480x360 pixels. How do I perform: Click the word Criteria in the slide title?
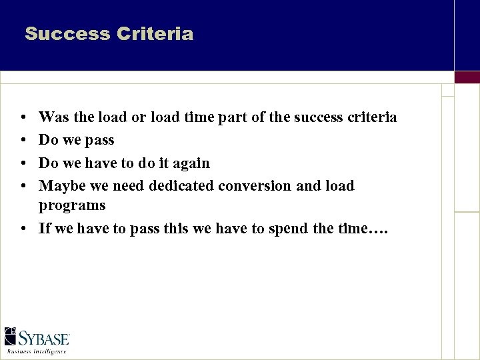(x=154, y=34)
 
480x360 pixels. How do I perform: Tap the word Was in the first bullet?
(x=51, y=118)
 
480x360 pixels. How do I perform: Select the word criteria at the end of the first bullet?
(x=372, y=118)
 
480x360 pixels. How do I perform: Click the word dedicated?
(x=183, y=186)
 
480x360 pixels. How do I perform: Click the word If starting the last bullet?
(x=45, y=229)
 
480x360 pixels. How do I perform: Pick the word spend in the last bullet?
(x=288, y=229)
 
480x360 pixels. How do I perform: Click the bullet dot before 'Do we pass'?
(x=24, y=141)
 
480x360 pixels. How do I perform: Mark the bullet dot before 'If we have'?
(x=24, y=229)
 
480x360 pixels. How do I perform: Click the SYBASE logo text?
(x=44, y=338)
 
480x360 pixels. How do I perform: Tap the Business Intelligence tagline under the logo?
(x=37, y=351)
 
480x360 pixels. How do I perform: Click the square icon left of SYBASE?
(x=11, y=336)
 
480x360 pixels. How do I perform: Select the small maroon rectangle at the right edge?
(x=467, y=77)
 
